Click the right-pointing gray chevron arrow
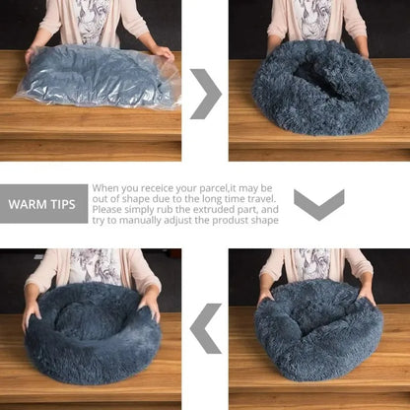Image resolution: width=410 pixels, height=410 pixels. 205,93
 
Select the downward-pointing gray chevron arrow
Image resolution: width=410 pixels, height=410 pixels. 318,204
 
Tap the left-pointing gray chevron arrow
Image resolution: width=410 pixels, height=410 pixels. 205,328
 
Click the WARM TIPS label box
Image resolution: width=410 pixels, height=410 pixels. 43,204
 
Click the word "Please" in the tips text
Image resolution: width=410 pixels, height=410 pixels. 109,210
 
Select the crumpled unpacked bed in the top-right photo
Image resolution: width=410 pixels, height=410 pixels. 319,88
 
